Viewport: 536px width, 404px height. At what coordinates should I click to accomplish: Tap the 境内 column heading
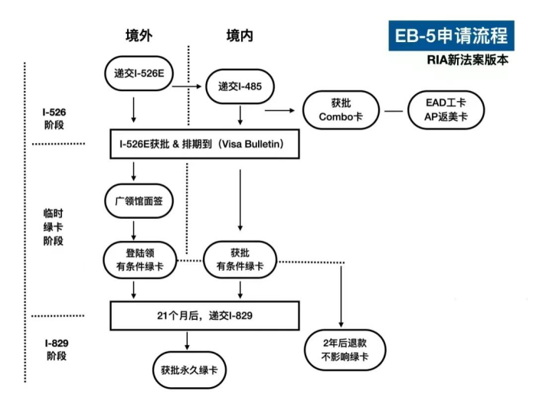pyautogui.click(x=239, y=36)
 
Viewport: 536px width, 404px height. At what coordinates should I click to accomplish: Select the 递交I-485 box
pyautogui.click(x=240, y=86)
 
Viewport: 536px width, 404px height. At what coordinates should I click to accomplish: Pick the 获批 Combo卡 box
pyautogui.click(x=339, y=110)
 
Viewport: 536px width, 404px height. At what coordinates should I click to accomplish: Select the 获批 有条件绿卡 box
pyautogui.click(x=240, y=259)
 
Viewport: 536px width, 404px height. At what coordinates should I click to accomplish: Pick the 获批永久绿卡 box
pyautogui.click(x=189, y=370)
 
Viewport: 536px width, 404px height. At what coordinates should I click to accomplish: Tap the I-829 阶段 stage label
pyautogui.click(x=54, y=350)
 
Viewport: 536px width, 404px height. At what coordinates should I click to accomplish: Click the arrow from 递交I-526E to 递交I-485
pyautogui.click(x=188, y=86)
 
